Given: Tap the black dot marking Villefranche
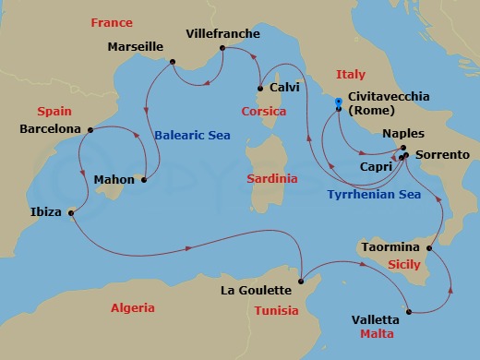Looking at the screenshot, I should [x=223, y=48].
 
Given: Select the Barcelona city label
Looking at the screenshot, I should [x=50, y=129].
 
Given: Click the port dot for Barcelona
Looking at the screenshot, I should [x=90, y=129].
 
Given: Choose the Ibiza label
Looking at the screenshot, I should [x=45, y=212].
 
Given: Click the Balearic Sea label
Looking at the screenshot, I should [x=191, y=135].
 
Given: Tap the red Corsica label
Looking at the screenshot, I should [x=263, y=111].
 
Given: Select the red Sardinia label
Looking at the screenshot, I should [x=272, y=177].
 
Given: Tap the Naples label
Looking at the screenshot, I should [x=402, y=133].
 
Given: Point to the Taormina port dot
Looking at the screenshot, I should [x=429, y=248].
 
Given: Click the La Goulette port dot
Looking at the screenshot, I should [x=302, y=281].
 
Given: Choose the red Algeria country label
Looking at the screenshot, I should [x=132, y=308].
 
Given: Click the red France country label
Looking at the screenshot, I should [x=110, y=22].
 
